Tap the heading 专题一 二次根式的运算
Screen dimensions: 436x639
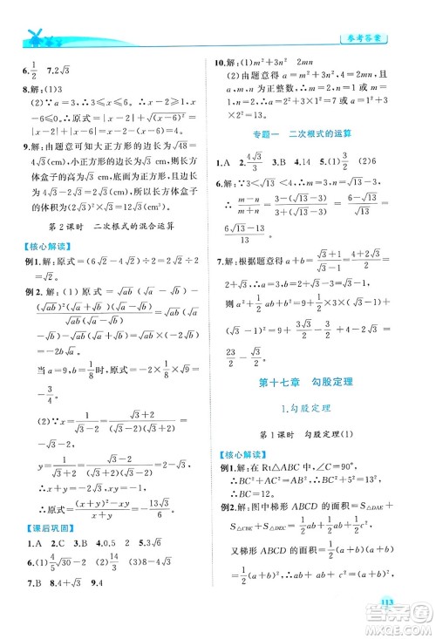(317, 137)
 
